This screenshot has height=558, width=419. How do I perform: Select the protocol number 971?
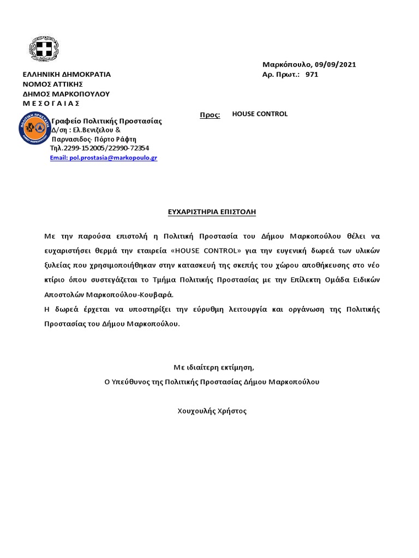click(x=312, y=75)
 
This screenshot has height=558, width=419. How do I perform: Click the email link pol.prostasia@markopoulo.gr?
click(x=104, y=157)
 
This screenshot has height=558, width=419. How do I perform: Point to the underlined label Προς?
click(x=209, y=115)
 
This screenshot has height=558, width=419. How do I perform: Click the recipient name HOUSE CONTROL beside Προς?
click(x=260, y=114)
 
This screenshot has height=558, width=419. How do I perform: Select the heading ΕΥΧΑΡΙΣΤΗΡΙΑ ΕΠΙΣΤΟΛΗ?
click(x=212, y=211)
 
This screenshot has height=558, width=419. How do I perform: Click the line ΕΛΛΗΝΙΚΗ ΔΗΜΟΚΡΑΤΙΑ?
click(x=66, y=74)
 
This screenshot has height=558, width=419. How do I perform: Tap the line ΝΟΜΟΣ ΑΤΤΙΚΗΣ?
click(x=52, y=84)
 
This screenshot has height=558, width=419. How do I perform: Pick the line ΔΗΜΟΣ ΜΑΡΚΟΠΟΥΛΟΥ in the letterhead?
click(x=65, y=94)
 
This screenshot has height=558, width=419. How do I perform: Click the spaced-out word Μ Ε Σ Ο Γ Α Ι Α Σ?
click(x=51, y=104)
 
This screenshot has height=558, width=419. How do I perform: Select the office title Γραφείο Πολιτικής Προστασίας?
click(x=106, y=121)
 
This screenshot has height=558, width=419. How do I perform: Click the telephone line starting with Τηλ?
click(x=99, y=148)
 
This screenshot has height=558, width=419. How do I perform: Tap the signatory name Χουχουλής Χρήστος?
click(x=212, y=411)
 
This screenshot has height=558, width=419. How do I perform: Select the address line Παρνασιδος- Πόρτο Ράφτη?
click(x=94, y=139)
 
